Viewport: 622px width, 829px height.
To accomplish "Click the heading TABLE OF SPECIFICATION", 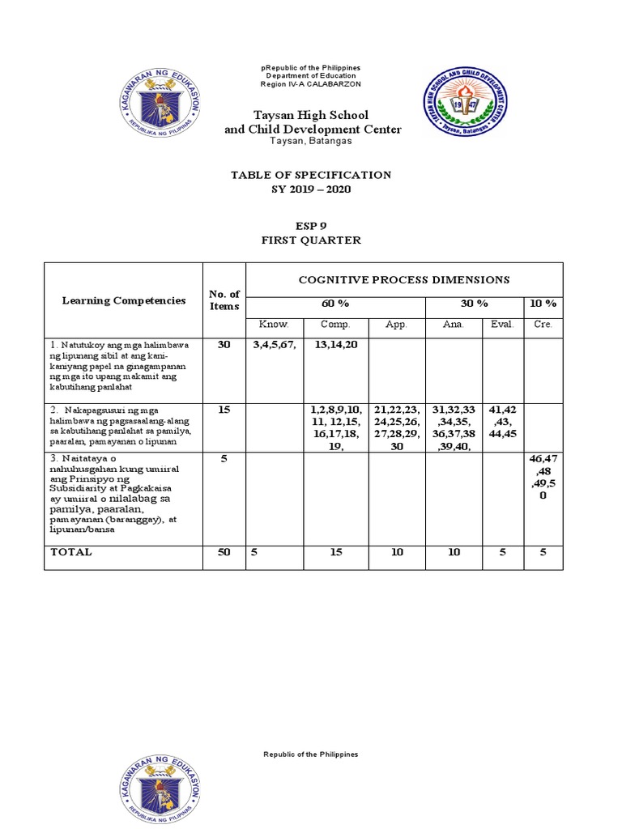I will (312, 175).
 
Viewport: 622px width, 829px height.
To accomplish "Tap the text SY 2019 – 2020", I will (312, 189).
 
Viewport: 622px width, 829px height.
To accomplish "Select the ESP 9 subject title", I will (312, 226).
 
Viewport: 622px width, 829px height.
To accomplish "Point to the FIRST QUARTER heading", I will (312, 240).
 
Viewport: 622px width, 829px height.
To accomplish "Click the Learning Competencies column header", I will (124, 300).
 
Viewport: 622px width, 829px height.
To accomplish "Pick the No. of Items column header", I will (224, 300).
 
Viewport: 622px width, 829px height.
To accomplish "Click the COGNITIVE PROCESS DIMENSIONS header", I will (404, 280).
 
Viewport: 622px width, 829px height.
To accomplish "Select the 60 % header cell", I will (335, 304).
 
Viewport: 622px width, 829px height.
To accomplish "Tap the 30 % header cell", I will (475, 304).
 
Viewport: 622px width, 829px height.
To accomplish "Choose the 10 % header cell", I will (543, 304).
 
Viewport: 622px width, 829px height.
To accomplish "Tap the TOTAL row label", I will (71, 552).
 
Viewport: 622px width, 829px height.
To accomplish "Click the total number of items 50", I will (224, 552).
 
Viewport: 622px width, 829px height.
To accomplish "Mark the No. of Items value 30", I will (224, 345).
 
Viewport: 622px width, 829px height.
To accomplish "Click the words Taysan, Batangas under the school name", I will (312, 142).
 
